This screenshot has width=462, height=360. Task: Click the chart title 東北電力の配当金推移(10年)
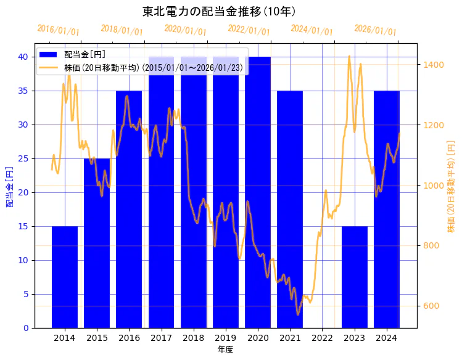point(219,11)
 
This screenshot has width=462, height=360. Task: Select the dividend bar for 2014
point(65,277)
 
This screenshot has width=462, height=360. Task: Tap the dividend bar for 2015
point(97,243)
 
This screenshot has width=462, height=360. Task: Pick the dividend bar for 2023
point(355,277)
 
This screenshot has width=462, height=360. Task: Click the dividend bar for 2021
point(290,210)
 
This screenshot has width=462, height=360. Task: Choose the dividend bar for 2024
point(387,210)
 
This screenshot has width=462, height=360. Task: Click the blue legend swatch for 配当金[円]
point(50,55)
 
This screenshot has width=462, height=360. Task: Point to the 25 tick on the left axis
point(23,158)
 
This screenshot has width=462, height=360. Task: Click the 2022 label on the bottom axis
point(322,338)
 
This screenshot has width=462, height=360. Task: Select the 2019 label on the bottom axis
point(226,338)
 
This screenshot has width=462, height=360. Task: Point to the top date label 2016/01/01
point(59,30)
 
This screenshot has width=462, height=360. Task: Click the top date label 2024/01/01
point(312,30)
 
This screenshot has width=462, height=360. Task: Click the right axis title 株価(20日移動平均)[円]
point(451,187)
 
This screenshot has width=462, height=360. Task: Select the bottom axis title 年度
point(225,350)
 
